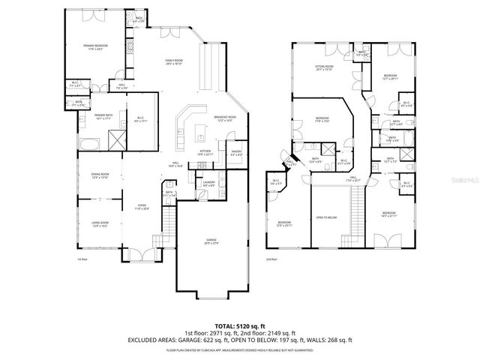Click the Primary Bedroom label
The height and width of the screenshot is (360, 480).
point(94,47)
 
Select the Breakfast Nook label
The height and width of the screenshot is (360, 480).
point(224,118)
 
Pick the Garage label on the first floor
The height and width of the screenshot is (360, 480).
point(211,241)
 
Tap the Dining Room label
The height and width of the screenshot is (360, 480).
point(100,178)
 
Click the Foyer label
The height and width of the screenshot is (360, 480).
point(141,208)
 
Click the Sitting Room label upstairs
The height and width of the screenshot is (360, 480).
point(324,68)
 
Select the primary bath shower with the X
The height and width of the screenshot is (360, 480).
point(116,139)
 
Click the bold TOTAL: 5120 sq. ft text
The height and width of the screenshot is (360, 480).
point(239,326)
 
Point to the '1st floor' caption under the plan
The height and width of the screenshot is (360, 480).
point(82,259)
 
